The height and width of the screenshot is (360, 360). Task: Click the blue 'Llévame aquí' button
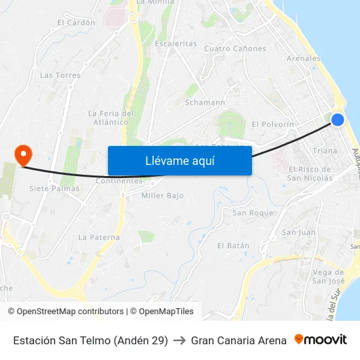[x=179, y=160]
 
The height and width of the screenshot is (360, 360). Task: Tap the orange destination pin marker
[x=23, y=155]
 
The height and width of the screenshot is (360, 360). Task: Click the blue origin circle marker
[x=338, y=119]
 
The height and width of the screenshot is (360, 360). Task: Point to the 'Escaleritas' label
[x=175, y=43]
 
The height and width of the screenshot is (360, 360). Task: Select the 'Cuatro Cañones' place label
[x=235, y=48]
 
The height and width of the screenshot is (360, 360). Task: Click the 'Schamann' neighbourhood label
[x=205, y=102]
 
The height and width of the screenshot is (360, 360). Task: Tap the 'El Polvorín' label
[x=273, y=124]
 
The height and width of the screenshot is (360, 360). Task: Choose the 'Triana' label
[x=325, y=151]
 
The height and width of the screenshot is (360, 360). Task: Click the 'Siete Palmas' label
[x=54, y=189]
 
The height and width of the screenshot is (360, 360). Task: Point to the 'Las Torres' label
[x=60, y=75]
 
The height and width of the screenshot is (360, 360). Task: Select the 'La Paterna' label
[x=99, y=237]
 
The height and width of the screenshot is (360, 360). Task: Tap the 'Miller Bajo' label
[x=162, y=195]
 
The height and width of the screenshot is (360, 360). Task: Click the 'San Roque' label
[x=253, y=213]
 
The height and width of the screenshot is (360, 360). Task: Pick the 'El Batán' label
[x=234, y=245]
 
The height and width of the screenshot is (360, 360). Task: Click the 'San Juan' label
[x=298, y=232]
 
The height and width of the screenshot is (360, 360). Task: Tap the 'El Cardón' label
[x=76, y=22]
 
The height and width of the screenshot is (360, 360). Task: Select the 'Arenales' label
[x=304, y=58]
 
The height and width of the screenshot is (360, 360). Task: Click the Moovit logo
[x=321, y=340]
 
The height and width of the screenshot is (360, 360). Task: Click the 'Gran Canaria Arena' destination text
[x=239, y=340]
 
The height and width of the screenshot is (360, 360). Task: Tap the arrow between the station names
[x=179, y=340]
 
